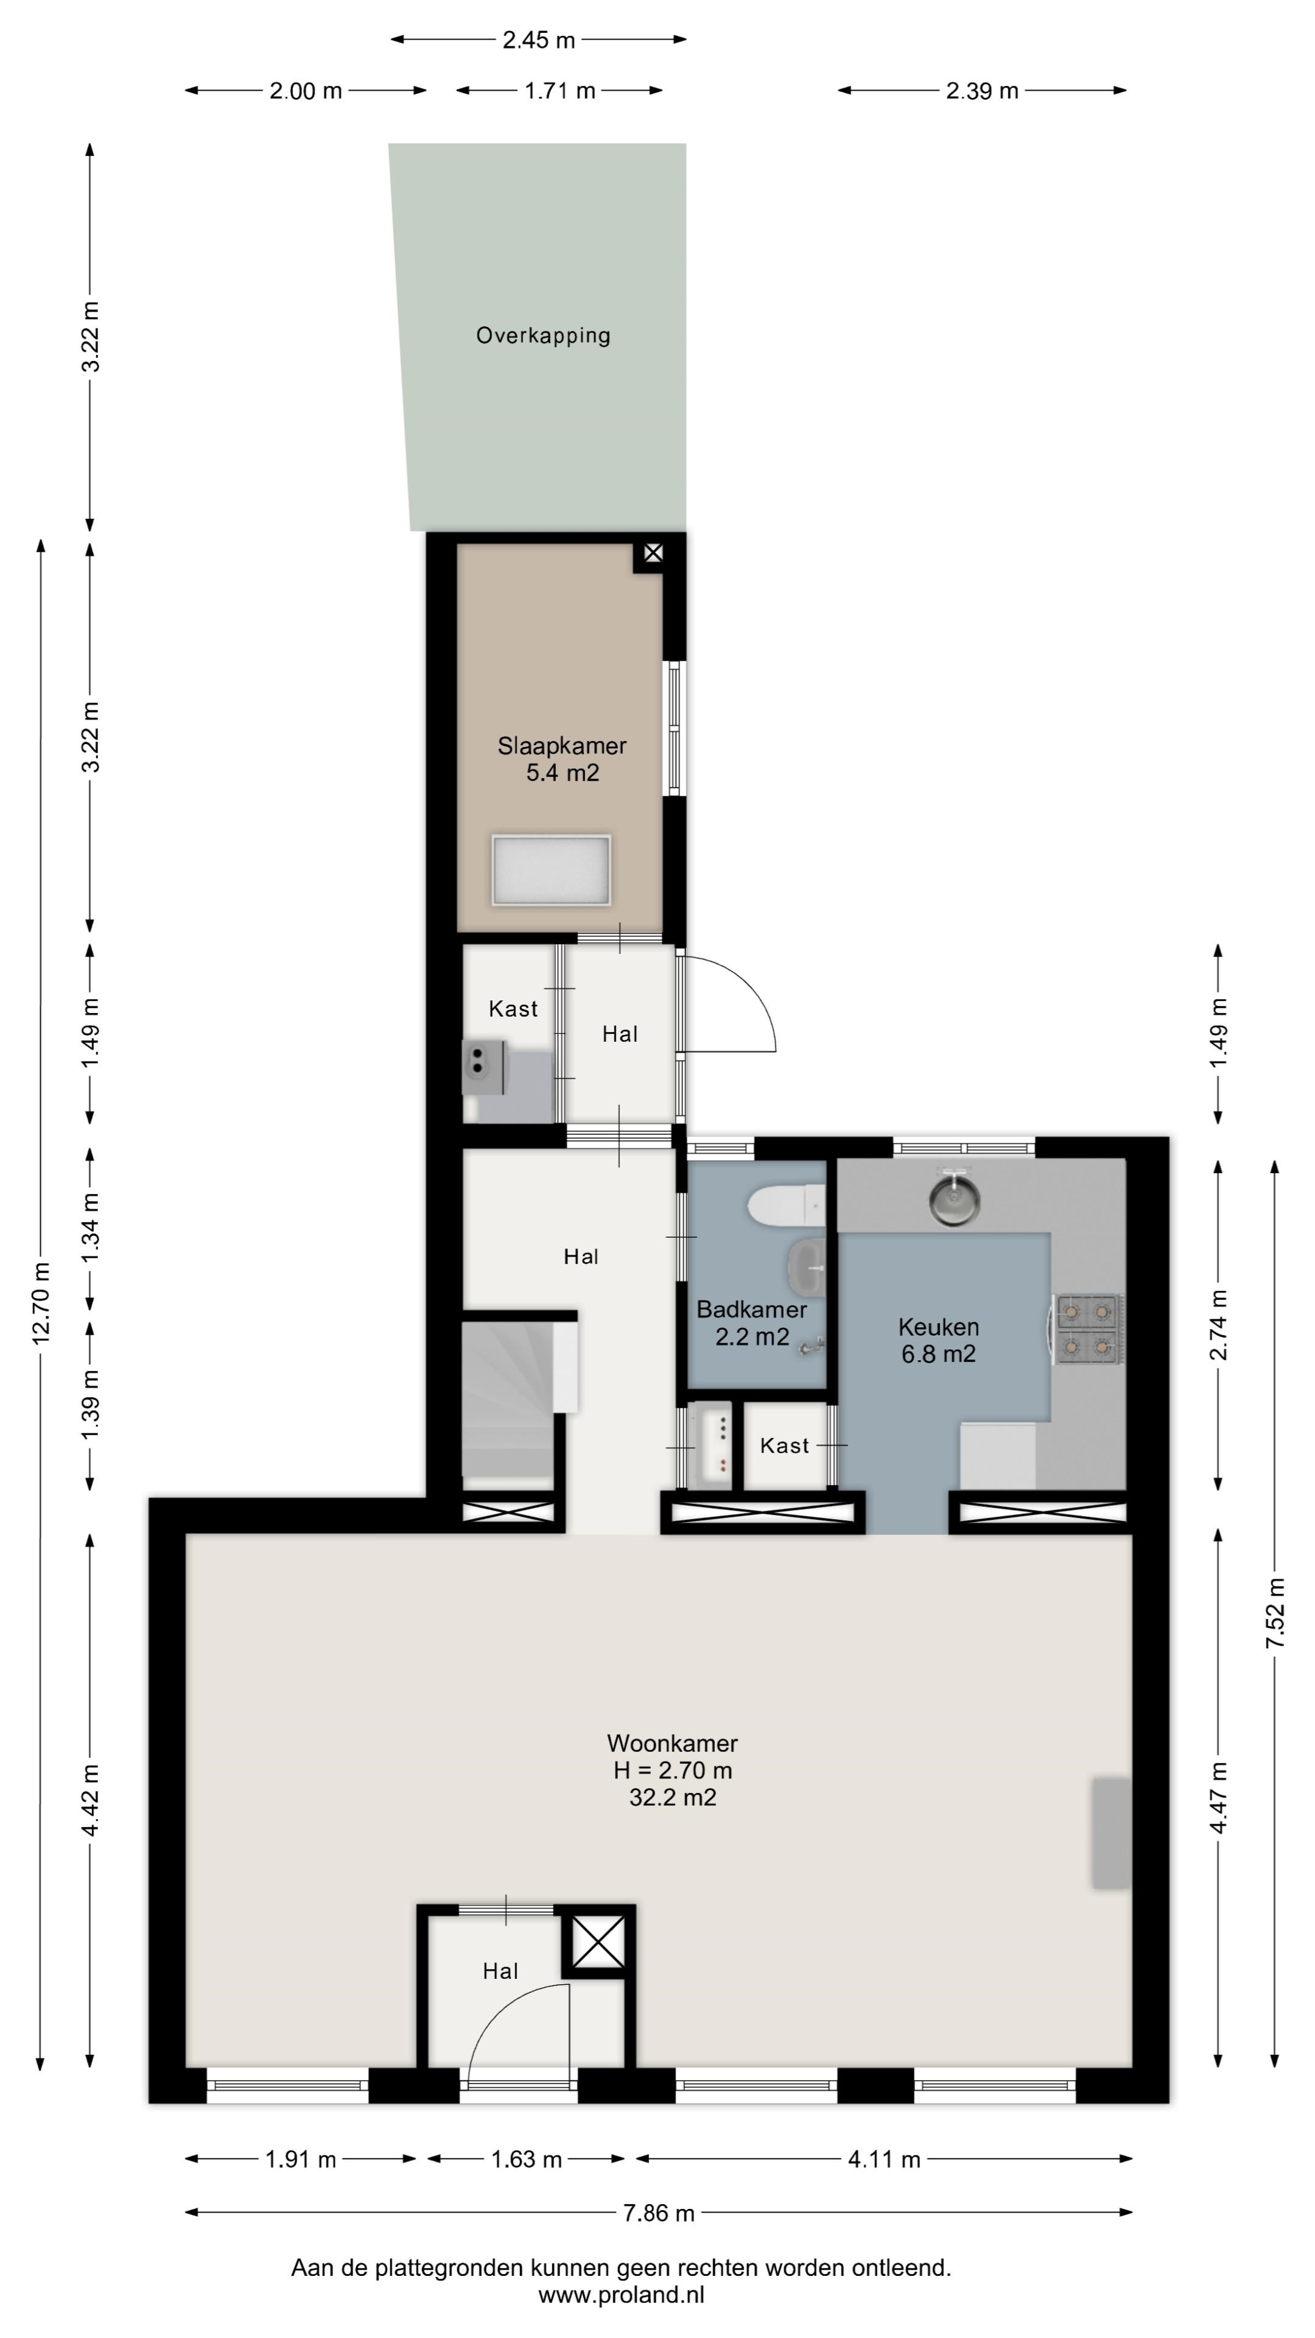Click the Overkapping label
(x=542, y=336)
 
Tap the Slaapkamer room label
(x=562, y=746)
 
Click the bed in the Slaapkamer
(x=551, y=871)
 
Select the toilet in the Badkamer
(x=786, y=1206)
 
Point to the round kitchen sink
(x=955, y=1198)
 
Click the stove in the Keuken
(x=1087, y=1329)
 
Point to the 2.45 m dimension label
(x=539, y=40)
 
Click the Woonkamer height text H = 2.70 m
(x=673, y=1770)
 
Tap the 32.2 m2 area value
(x=673, y=1797)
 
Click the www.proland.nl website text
(x=622, y=2295)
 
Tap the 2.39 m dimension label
(x=982, y=91)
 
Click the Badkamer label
(x=751, y=1310)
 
